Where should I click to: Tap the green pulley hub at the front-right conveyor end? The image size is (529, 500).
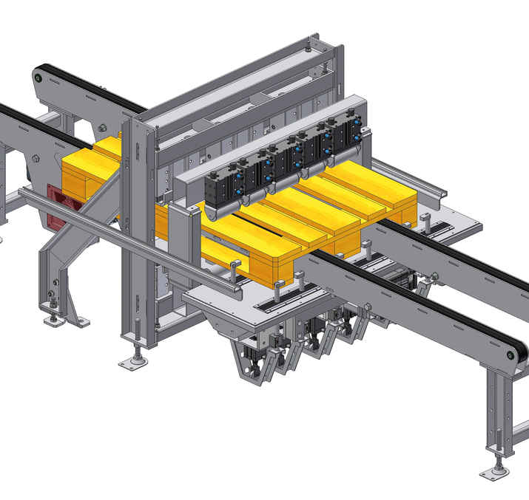pyautogui.click(x=510, y=355)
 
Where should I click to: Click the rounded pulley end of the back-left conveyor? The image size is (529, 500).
pyautogui.click(x=41, y=76)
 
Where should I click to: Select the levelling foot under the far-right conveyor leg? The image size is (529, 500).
pyautogui.click(x=495, y=470)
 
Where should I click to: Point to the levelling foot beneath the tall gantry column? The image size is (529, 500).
pyautogui.click(x=135, y=361)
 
